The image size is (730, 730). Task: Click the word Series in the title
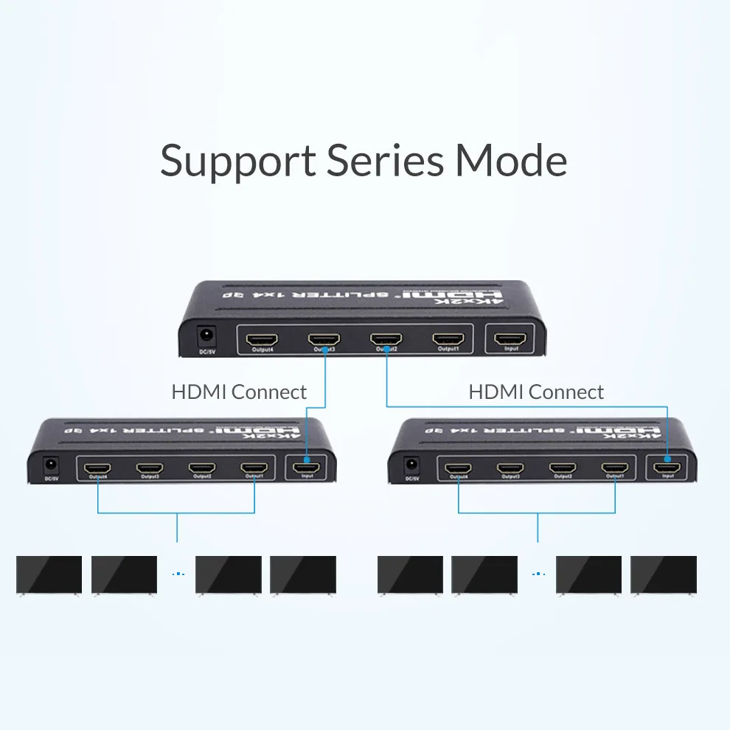coord(386,160)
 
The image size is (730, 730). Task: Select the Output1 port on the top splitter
coord(448,340)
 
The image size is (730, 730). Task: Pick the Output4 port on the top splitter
coord(262,340)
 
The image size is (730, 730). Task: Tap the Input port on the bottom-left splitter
coord(306,467)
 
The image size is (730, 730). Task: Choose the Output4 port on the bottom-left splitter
coord(98,468)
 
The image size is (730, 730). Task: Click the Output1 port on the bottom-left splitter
coord(254,468)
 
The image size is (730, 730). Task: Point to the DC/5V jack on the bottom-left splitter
coord(51,466)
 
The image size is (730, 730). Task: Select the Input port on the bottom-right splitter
coord(667,467)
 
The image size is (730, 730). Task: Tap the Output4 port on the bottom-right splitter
coord(459,468)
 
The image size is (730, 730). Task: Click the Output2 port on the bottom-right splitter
coord(563,468)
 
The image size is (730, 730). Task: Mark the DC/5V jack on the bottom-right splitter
coord(411,466)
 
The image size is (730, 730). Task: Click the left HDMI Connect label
coord(239,392)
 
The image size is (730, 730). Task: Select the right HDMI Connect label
coord(536,392)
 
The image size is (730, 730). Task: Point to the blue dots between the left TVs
coord(176,574)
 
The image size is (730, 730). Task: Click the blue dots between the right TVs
coord(537,574)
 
